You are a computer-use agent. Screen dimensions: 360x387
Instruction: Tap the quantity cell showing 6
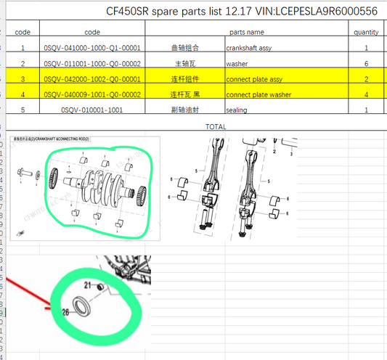coord(366,63)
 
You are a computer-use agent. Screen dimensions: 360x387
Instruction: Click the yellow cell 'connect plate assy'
coord(256,78)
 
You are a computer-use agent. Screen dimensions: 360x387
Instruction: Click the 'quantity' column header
coord(366,32)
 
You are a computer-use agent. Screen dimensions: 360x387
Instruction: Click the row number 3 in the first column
coord(23,78)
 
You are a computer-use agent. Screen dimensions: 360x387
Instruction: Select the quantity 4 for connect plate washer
coord(366,94)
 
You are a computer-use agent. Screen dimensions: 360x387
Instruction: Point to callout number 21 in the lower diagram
coord(89,284)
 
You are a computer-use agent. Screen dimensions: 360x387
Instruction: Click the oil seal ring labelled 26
coord(82,305)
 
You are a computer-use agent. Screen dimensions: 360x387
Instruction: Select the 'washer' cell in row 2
coord(237,63)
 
